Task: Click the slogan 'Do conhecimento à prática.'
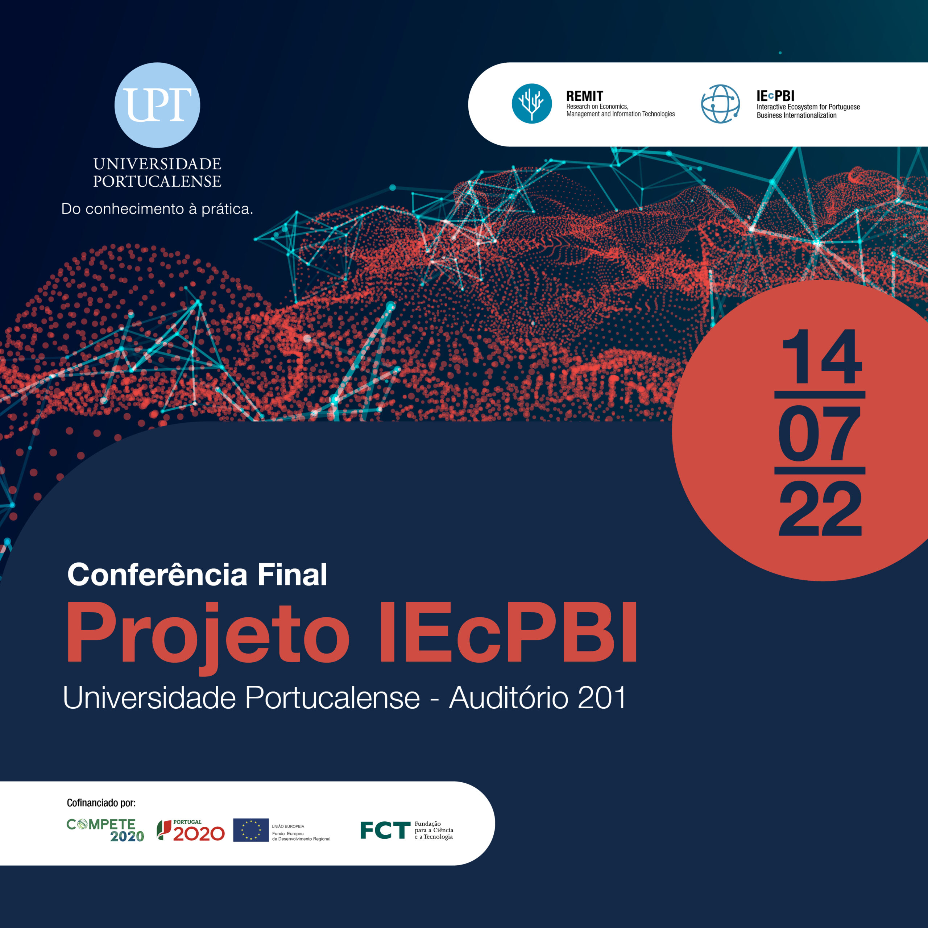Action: pos(157,209)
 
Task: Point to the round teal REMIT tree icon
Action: pos(532,104)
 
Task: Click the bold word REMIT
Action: pos(585,96)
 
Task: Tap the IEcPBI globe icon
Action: pos(720,104)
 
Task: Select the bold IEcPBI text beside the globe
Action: pos(775,96)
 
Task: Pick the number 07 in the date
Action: pos(820,433)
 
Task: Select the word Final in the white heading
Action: pos(292,575)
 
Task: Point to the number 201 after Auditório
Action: pos(602,698)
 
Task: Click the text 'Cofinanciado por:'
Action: pos(101,803)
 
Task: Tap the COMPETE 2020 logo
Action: pos(105,830)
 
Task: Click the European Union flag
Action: pos(251,830)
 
